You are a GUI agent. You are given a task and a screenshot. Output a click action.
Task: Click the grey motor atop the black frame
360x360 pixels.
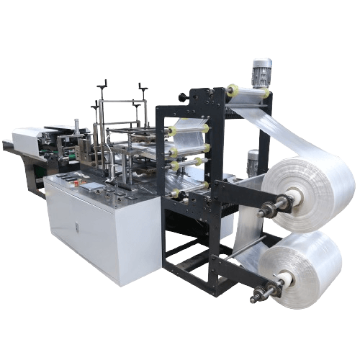[x=261, y=73]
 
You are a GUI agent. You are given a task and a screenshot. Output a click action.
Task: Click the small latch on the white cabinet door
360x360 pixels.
[x=77, y=228]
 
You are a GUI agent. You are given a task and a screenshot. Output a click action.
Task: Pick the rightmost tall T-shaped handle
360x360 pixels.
[x=143, y=91]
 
